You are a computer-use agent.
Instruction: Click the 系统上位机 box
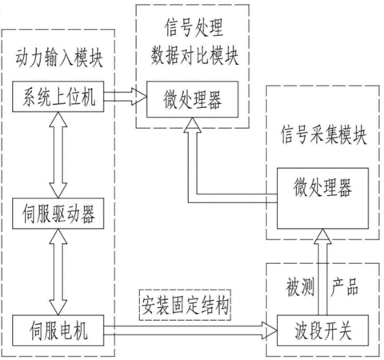(x=58, y=97)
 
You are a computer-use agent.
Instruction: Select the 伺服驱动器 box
(x=58, y=214)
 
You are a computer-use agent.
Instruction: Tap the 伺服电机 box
(x=58, y=330)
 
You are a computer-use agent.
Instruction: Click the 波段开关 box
(x=322, y=330)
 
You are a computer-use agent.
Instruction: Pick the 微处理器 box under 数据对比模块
(x=192, y=99)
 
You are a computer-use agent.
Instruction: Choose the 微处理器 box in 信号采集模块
(x=322, y=198)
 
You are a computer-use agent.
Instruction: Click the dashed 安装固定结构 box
(x=185, y=305)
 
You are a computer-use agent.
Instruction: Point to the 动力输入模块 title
(x=59, y=58)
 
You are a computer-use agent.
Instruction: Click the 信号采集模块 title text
(x=323, y=135)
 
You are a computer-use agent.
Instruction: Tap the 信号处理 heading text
(x=194, y=27)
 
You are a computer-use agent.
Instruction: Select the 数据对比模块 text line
(x=194, y=55)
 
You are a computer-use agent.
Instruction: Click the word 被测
(x=300, y=287)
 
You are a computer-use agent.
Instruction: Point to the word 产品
(x=344, y=286)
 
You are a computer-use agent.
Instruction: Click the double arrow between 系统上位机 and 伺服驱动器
(x=58, y=155)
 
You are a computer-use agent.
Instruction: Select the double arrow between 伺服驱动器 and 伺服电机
(x=58, y=272)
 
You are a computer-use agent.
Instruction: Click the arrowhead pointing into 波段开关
(x=270, y=330)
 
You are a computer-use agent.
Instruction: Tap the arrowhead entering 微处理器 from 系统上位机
(x=139, y=97)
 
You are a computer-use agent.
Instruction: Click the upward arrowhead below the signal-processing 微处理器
(x=192, y=125)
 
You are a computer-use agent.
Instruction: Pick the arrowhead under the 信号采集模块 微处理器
(x=322, y=236)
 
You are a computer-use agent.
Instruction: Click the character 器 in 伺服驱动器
(x=88, y=214)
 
